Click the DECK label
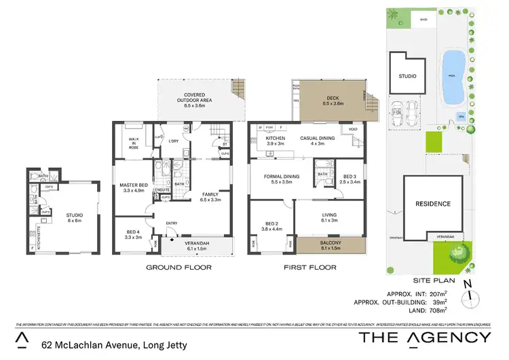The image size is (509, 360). (x=332, y=100)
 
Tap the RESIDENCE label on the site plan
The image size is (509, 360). (x=432, y=203)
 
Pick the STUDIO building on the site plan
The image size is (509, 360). (x=407, y=77)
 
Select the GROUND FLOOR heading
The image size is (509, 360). (x=179, y=268)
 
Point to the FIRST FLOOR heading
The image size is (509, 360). (x=309, y=268)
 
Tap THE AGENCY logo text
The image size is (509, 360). (x=424, y=338)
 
